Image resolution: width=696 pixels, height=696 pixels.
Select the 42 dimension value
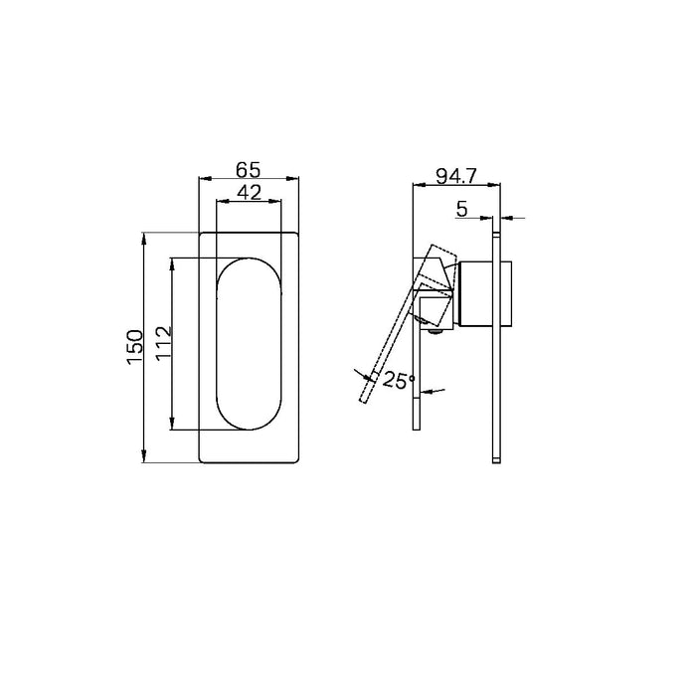pos(249,193)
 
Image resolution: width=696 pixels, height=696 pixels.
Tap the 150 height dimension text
pos(135,347)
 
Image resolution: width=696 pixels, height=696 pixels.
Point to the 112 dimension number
pos(163,344)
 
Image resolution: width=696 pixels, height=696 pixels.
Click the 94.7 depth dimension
pos(457,176)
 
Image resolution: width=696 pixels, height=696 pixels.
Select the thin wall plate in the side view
pos(496,347)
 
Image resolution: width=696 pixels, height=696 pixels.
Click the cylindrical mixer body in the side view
pos(485,294)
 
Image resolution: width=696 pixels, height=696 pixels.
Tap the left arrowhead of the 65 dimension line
pos(203,180)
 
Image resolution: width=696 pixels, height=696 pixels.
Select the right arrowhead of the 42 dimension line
pos(278,202)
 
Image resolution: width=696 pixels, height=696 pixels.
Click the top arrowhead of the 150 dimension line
pos(146,238)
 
